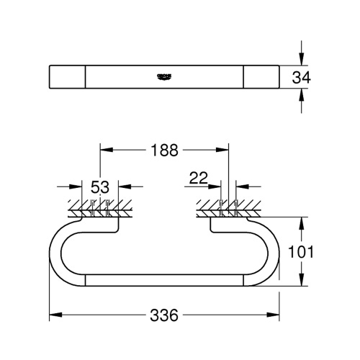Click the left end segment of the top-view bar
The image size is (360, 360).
click(67, 77)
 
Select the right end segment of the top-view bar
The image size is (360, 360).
click(260, 77)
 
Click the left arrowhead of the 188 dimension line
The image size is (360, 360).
click(103, 150)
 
